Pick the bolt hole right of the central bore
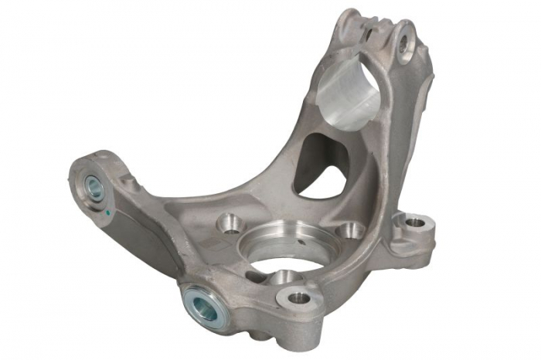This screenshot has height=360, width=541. point(352,229)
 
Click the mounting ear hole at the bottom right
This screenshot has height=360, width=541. point(299,297)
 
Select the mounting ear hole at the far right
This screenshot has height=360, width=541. point(414,223)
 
